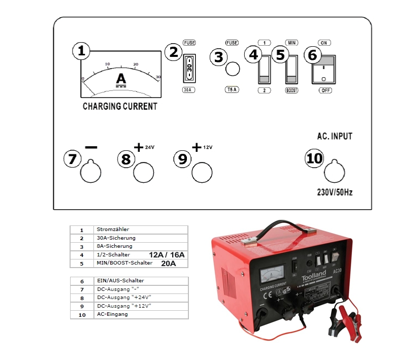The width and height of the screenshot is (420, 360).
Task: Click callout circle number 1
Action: point(81,51)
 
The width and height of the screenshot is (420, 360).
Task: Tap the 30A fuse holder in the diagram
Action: point(189,68)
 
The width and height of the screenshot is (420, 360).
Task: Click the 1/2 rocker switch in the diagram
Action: point(265,70)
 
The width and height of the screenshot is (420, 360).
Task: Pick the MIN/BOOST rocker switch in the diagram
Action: point(292,70)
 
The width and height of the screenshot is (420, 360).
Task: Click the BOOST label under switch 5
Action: point(292,90)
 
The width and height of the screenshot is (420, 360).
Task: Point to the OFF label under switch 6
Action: point(326,90)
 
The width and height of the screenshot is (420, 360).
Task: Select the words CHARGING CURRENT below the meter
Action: point(120,107)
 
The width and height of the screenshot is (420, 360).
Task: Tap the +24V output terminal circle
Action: point(143,172)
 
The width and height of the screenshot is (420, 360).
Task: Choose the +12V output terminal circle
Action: point(201,172)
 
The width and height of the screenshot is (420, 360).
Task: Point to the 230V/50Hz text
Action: point(334,192)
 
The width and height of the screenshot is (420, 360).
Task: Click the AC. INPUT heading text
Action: point(334,137)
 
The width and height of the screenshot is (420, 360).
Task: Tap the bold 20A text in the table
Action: point(168,263)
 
